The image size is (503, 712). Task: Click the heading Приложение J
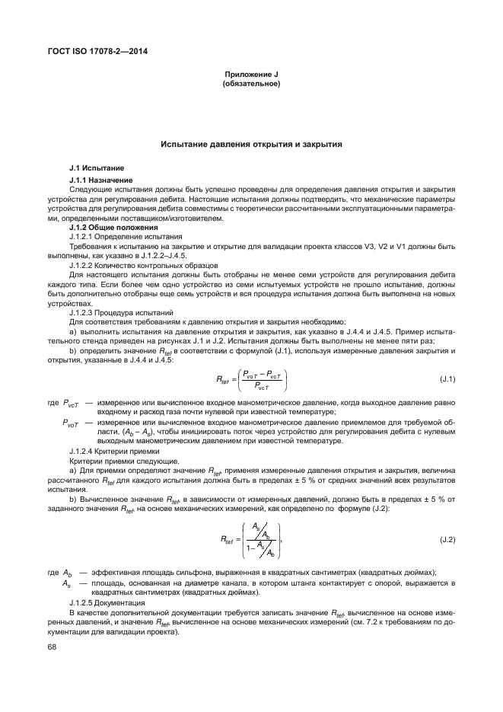tap(250, 74)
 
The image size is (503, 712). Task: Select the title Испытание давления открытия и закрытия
tap(250, 144)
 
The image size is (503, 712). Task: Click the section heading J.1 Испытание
tap(96, 168)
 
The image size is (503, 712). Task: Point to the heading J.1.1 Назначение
tap(100, 180)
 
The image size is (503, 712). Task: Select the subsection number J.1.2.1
tap(84, 237)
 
